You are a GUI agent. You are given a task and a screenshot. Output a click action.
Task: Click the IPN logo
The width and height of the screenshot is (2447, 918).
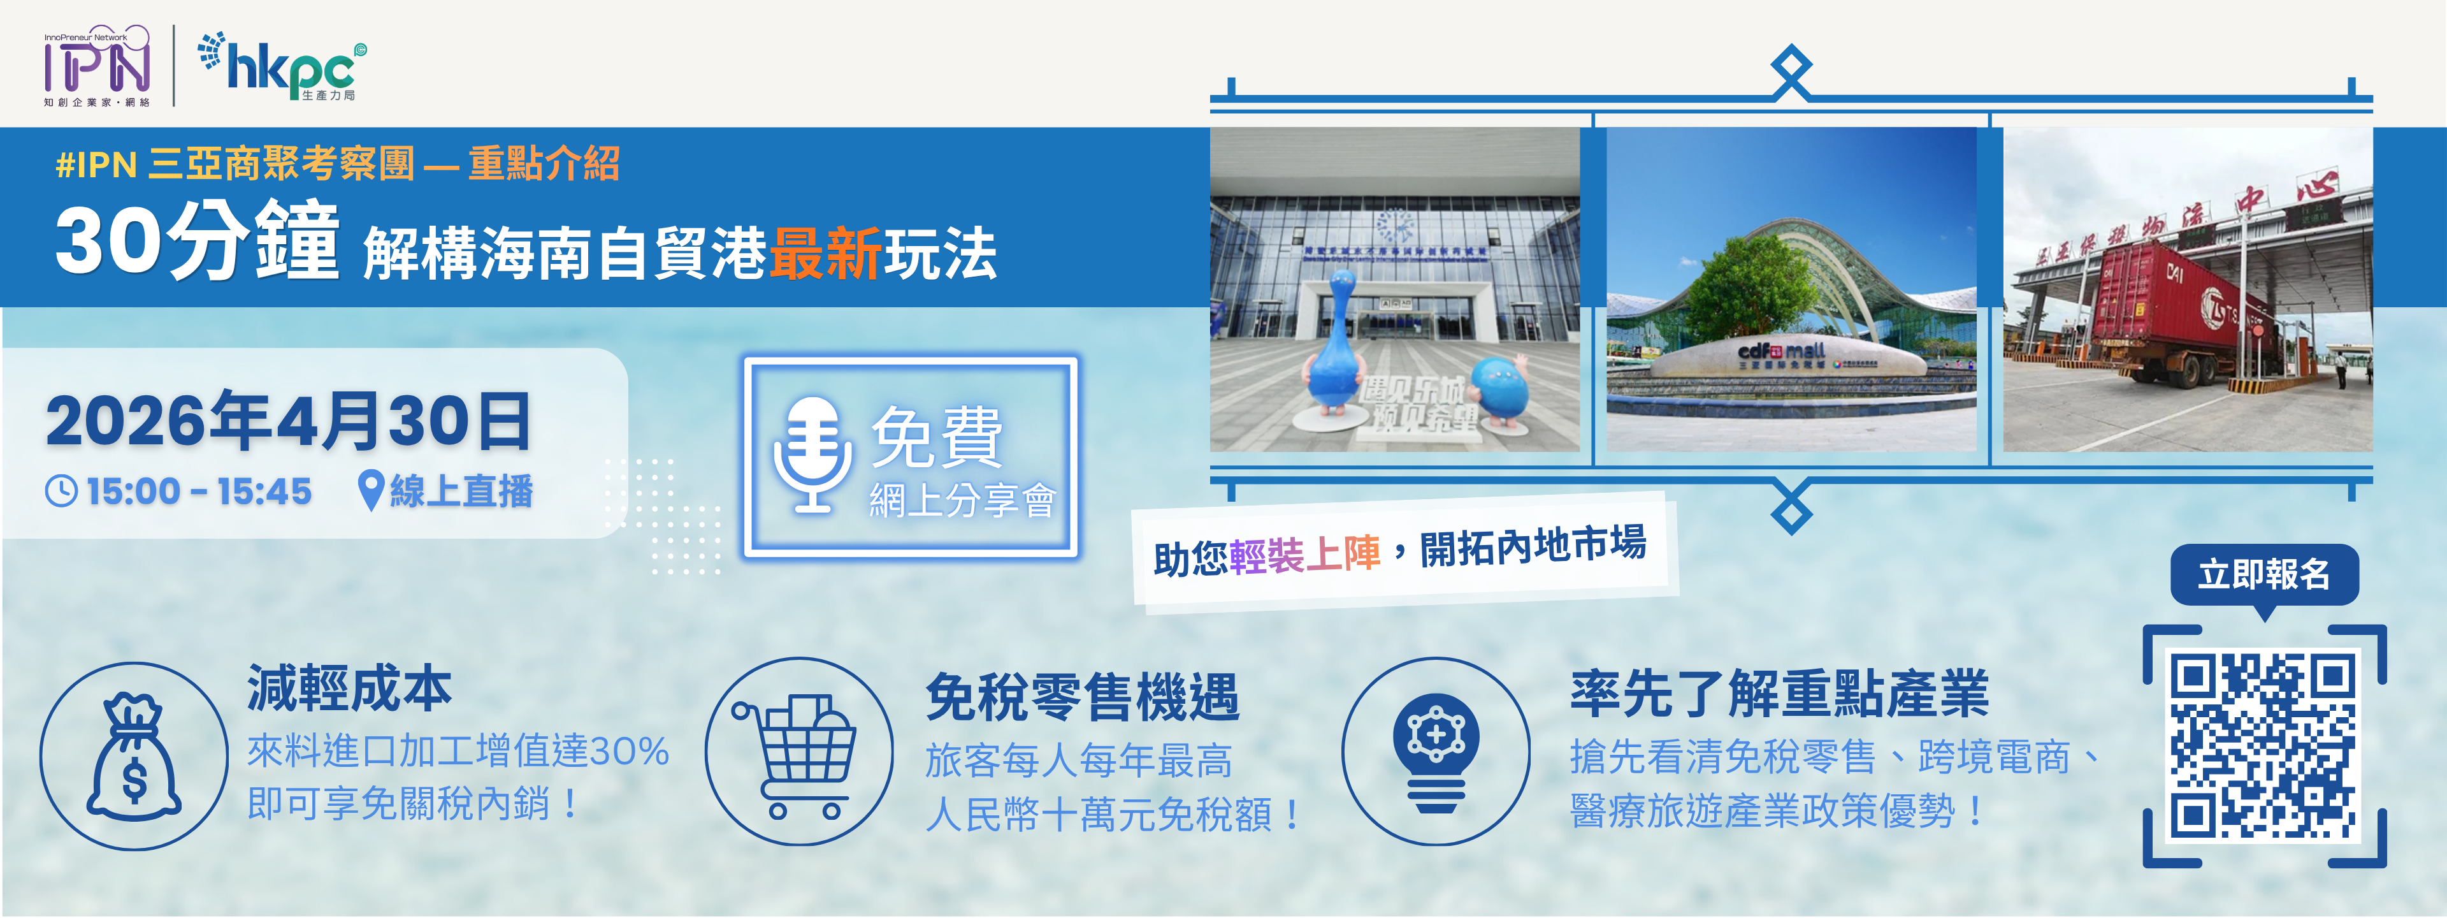coord(97,66)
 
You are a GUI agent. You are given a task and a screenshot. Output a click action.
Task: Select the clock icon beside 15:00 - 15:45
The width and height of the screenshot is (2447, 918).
coord(62,492)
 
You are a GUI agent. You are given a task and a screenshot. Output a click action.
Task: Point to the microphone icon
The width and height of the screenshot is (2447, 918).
coord(812,455)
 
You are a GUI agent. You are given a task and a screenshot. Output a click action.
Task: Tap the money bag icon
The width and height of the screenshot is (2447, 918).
coord(134,757)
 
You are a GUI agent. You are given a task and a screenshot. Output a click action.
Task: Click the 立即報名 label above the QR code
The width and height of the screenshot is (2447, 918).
coord(2263,574)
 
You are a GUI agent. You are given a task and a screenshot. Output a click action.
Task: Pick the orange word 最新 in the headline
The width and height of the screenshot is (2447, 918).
coord(825,254)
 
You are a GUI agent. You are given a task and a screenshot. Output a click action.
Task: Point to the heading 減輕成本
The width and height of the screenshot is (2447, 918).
coord(349,688)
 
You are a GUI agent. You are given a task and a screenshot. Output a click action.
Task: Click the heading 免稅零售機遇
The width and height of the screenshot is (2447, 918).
coord(1082,697)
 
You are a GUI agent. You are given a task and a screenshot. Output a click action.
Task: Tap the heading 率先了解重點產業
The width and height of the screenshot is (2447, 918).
coord(1779,693)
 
